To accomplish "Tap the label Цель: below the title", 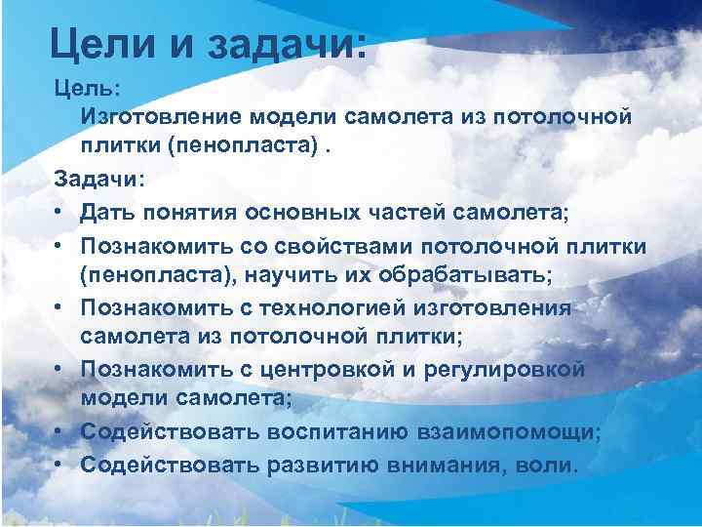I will coord(87,88).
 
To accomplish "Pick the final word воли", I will coord(550,465).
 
